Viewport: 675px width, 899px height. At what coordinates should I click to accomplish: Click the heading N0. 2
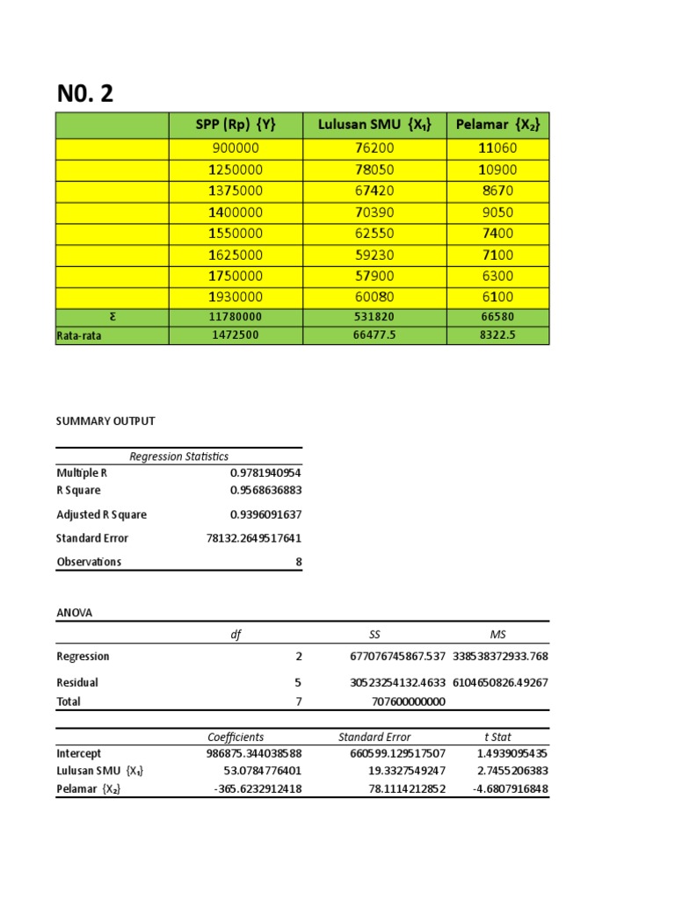pos(85,94)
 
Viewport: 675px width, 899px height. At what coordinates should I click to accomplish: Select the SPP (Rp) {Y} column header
pos(236,126)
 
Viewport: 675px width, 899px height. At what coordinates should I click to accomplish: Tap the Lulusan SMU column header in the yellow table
pos(374,126)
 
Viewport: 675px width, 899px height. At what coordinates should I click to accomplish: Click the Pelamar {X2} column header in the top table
pos(497,126)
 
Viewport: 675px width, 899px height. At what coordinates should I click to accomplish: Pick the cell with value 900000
pos(236,148)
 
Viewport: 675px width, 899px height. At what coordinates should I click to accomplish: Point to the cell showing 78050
pos(374,169)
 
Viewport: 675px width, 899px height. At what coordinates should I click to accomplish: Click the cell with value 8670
pos(497,191)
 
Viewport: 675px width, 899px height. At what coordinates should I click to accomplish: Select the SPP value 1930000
pos(236,297)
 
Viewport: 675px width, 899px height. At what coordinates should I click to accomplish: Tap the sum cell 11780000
pos(236,317)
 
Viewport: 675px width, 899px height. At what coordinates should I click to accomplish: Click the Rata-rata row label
pos(79,335)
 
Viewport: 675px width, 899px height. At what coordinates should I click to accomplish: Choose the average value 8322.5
pos(497,335)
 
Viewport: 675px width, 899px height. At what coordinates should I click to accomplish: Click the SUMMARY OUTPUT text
pos(105,421)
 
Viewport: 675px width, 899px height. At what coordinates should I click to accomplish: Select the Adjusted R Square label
pos(101,515)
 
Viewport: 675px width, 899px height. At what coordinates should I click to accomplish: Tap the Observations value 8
pos(298,562)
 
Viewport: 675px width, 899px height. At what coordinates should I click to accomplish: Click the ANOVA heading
pos(74,614)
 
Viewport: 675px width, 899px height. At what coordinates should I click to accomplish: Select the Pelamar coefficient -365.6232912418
pos(257,789)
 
